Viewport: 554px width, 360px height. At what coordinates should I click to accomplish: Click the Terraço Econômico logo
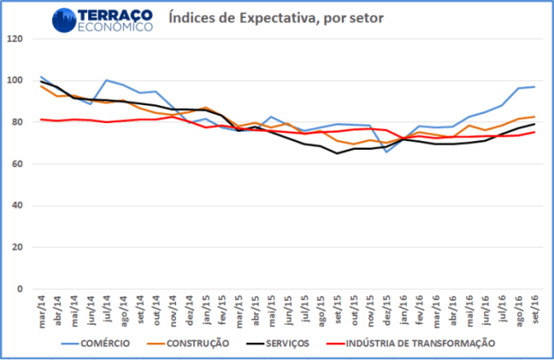tap(103, 20)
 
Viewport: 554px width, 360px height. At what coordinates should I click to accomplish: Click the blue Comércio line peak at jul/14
tap(106, 80)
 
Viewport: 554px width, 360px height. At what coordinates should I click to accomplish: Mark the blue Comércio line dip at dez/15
tap(386, 151)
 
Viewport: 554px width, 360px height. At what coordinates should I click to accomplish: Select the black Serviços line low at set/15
tap(337, 154)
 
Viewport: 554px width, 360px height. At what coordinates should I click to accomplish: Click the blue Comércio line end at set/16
tap(534, 86)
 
